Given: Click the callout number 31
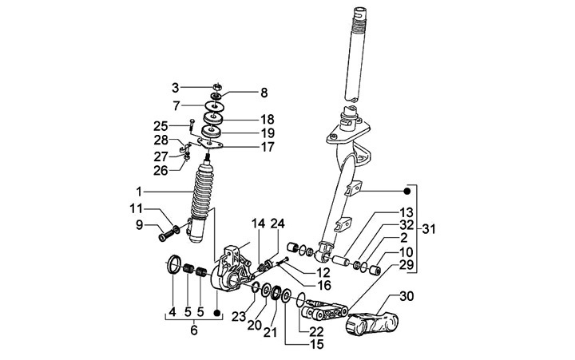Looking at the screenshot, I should [430, 230].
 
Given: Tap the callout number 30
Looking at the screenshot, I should [407, 297].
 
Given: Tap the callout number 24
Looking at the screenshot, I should [278, 223].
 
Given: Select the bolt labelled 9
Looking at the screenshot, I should [165, 235].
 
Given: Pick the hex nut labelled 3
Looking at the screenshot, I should [216, 85].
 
